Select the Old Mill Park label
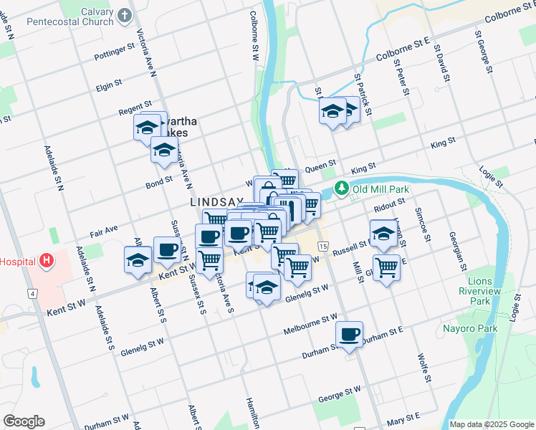(x=381, y=188)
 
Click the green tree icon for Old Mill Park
(x=343, y=188)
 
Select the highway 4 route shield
(x=32, y=293)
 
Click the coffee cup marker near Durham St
(x=349, y=334)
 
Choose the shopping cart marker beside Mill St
(x=386, y=267)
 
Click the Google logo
(x=24, y=421)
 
